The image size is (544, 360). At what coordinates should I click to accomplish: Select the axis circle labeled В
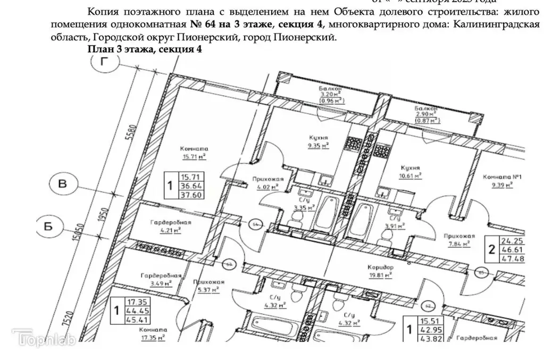coord(63,185)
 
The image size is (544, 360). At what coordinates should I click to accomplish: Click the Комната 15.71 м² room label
coord(194,153)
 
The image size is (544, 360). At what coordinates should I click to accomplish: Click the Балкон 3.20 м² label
coord(330,94)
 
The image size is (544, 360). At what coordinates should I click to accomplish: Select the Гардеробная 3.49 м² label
coord(162,280)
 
